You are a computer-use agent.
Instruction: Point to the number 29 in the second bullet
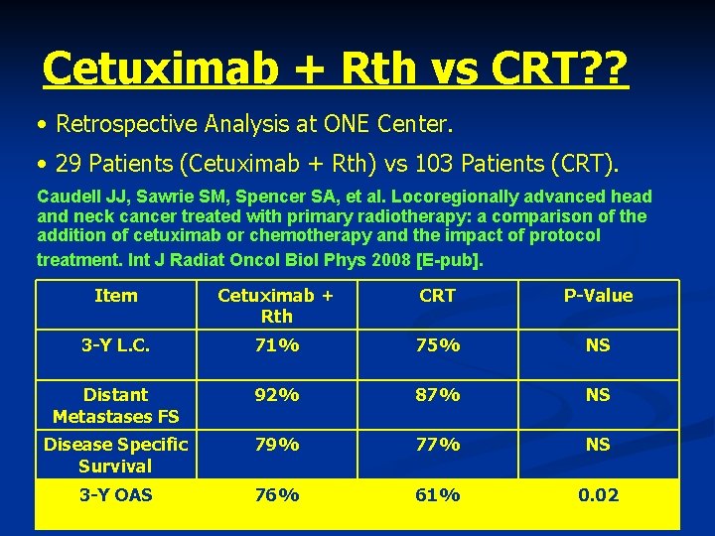point(71,163)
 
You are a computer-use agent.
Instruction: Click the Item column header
point(116,296)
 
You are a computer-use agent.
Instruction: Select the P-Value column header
point(598,296)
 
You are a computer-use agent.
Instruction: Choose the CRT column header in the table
point(437,296)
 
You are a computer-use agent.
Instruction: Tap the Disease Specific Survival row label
point(116,456)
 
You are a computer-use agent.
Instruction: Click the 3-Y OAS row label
point(116,494)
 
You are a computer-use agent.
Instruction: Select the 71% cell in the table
point(276,346)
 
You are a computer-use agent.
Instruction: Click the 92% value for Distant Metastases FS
point(276,395)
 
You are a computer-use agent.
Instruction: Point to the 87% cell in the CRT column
point(437,395)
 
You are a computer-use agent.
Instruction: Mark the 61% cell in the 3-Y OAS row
point(437,494)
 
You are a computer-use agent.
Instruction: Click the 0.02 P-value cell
point(598,494)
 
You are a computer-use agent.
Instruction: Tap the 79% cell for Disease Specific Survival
point(276,446)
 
